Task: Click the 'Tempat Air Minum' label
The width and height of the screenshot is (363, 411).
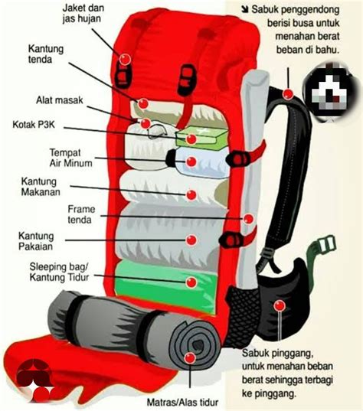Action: coord(70,157)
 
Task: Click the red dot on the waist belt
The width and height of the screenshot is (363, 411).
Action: coord(280,305)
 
